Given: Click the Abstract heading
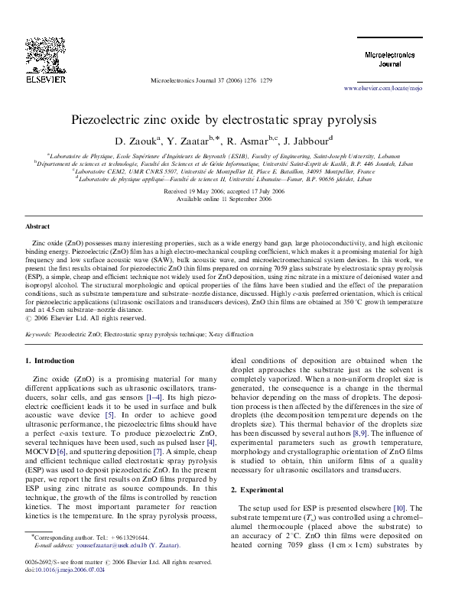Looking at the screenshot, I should point(38,227).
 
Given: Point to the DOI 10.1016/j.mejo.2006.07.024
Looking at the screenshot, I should point(68,591).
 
